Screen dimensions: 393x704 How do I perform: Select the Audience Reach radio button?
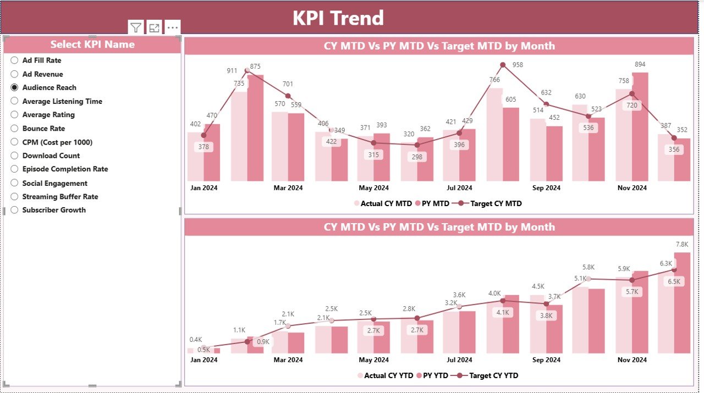pos(15,87)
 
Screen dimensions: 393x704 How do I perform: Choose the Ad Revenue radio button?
pos(15,74)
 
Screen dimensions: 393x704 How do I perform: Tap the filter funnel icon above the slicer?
pos(136,27)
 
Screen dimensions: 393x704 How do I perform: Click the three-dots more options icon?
pos(172,27)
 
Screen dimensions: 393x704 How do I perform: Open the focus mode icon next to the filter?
pos(154,27)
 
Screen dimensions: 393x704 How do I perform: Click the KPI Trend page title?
pos(338,18)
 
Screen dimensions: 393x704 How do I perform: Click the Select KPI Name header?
pos(92,45)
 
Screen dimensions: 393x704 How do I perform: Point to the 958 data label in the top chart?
pos(518,65)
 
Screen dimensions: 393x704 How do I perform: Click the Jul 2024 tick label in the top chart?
pos(459,187)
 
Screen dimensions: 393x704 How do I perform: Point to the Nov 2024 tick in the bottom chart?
pos(631,360)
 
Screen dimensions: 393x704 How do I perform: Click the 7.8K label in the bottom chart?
pos(682,245)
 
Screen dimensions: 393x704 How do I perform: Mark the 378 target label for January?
pos(204,147)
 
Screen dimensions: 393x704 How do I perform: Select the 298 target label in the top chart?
pos(417,157)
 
